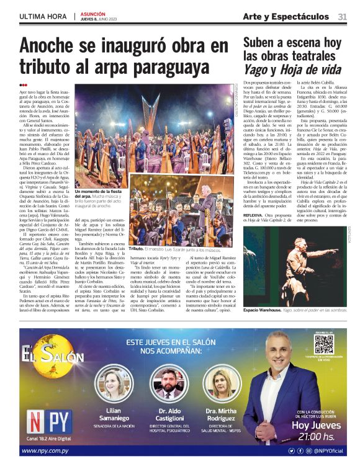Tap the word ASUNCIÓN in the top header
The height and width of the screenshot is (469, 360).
[x=93, y=13]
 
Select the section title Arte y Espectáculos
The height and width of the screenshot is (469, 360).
[x=286, y=17]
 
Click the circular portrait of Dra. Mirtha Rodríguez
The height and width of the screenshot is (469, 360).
[x=220, y=385]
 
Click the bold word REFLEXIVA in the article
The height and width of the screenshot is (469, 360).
[x=256, y=215]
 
